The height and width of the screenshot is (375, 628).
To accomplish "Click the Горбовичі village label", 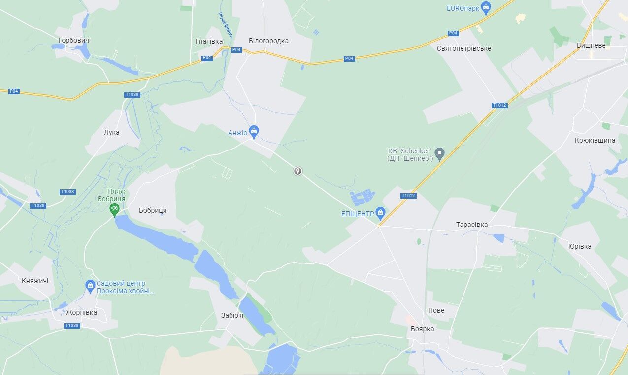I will (x=74, y=40).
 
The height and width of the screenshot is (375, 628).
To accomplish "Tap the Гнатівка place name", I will (x=209, y=41).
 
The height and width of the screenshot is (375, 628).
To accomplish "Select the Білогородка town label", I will (x=268, y=41).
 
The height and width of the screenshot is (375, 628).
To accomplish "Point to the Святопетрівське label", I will (x=463, y=48).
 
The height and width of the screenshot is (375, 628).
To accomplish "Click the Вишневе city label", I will (x=591, y=45).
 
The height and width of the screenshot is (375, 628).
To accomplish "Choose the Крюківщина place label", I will (x=595, y=140).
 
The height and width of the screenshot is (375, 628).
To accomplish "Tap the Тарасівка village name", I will (x=471, y=225).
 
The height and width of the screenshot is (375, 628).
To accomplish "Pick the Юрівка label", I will (x=580, y=246).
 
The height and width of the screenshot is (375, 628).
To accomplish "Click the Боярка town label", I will (x=422, y=329).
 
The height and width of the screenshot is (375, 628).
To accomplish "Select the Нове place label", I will (x=436, y=310).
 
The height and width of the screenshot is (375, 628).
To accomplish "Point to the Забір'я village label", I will (x=232, y=315).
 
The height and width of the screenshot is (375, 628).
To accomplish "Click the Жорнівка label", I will (x=81, y=312).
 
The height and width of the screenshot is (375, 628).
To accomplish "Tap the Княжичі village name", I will (x=35, y=281).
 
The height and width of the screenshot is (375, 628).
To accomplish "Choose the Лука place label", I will (x=111, y=132).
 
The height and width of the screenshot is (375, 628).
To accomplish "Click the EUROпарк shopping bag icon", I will (x=486, y=7).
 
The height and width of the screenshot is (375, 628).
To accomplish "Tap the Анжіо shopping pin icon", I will (x=254, y=131).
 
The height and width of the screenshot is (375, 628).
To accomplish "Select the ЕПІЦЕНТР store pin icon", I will (x=380, y=213).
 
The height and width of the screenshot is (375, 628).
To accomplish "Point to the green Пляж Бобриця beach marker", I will (x=114, y=209).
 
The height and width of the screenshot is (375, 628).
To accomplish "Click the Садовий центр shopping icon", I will (x=90, y=285).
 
